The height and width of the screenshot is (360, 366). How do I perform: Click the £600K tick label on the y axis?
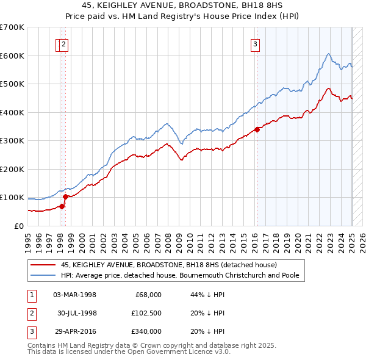[12, 56]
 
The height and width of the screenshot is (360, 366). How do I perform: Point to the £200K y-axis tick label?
[12, 169]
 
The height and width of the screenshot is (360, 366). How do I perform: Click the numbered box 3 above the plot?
[255, 43]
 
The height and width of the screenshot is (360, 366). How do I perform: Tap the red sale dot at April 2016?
[257, 129]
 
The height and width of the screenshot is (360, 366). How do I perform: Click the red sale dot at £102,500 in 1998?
[65, 196]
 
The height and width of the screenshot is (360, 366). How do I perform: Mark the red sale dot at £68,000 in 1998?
[62, 206]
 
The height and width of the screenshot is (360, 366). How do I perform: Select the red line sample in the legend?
[44, 265]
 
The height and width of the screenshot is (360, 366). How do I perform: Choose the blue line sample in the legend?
[44, 275]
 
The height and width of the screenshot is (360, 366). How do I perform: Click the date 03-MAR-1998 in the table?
[74, 295]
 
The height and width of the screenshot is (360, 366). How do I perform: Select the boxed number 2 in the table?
[31, 313]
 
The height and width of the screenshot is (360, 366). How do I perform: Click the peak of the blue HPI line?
[328, 54]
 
